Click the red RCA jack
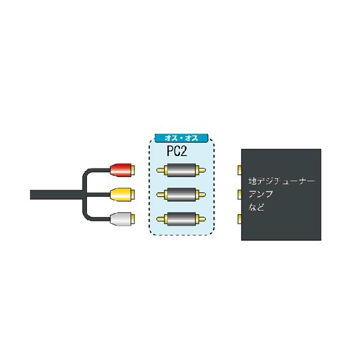[x=122, y=170]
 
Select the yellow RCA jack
[x=122, y=194]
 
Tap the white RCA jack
[x=122, y=219]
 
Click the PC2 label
[x=177, y=151]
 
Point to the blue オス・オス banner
[x=181, y=138]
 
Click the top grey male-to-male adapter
[x=181, y=170]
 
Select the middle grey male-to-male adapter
[x=181, y=194]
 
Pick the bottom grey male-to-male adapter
[x=181, y=219]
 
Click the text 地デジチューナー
[x=281, y=181]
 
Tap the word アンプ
[x=260, y=194]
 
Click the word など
[x=256, y=207]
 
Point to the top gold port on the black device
[x=239, y=170]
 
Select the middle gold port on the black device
[x=239, y=194]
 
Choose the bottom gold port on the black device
[x=239, y=219]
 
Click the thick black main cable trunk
[x=56, y=194]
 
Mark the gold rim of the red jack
[x=133, y=170]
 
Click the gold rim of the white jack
[x=133, y=219]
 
